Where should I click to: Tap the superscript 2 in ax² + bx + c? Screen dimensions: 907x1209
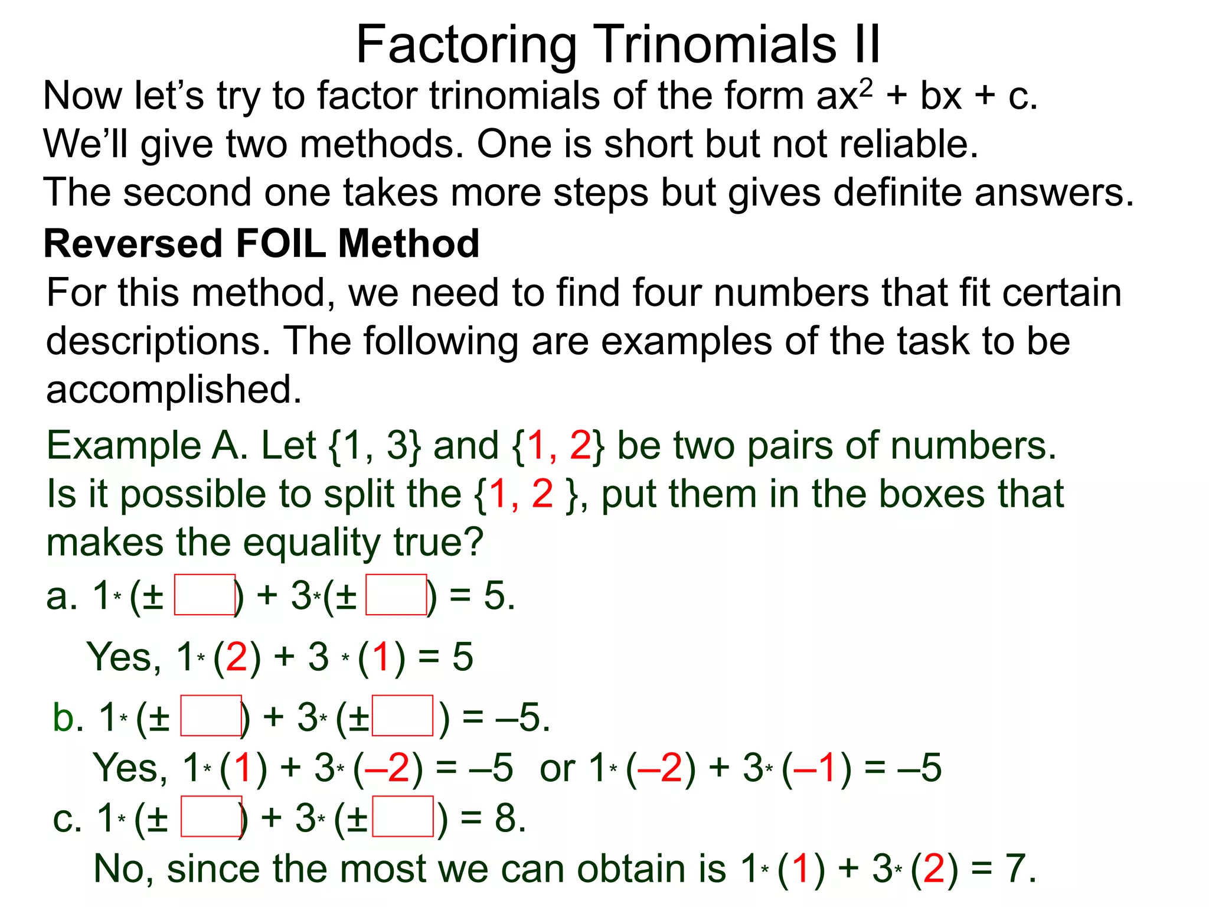pyautogui.click(x=865, y=87)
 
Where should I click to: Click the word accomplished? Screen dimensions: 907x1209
pyautogui.click(x=174, y=390)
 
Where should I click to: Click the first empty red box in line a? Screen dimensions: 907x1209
pyautogui.click(x=205, y=595)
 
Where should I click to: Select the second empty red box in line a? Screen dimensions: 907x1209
pyautogui.click(x=396, y=595)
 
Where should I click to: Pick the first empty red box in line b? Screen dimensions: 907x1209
pyautogui.click(x=211, y=716)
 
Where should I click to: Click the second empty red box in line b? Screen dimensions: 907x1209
pyautogui.click(x=403, y=716)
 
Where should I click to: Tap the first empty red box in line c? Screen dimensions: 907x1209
pyautogui.click(x=211, y=817)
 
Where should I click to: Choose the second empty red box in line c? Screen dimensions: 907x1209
pyautogui.click(x=403, y=817)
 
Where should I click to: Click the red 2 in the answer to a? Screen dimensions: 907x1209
pyautogui.click(x=237, y=657)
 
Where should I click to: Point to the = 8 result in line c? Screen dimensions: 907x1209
pyautogui.click(x=493, y=818)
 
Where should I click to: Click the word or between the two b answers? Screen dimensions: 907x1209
pyautogui.click(x=557, y=769)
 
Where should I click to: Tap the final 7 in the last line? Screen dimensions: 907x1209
pyautogui.click(x=1016, y=869)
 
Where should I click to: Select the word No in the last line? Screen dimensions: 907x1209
pyautogui.click(x=118, y=869)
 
